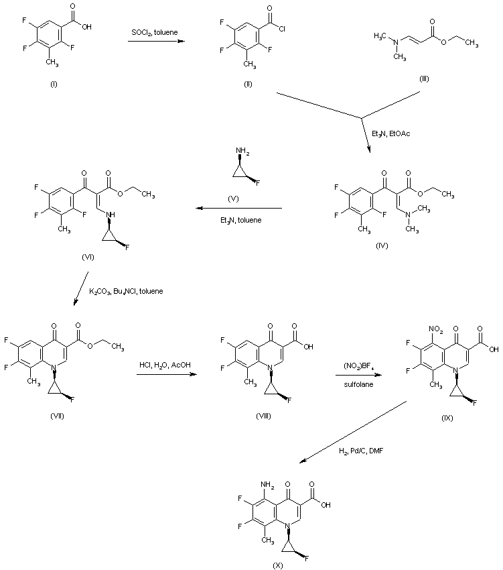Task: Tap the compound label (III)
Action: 424,79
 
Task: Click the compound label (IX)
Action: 447,418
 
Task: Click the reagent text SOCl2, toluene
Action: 155,32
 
